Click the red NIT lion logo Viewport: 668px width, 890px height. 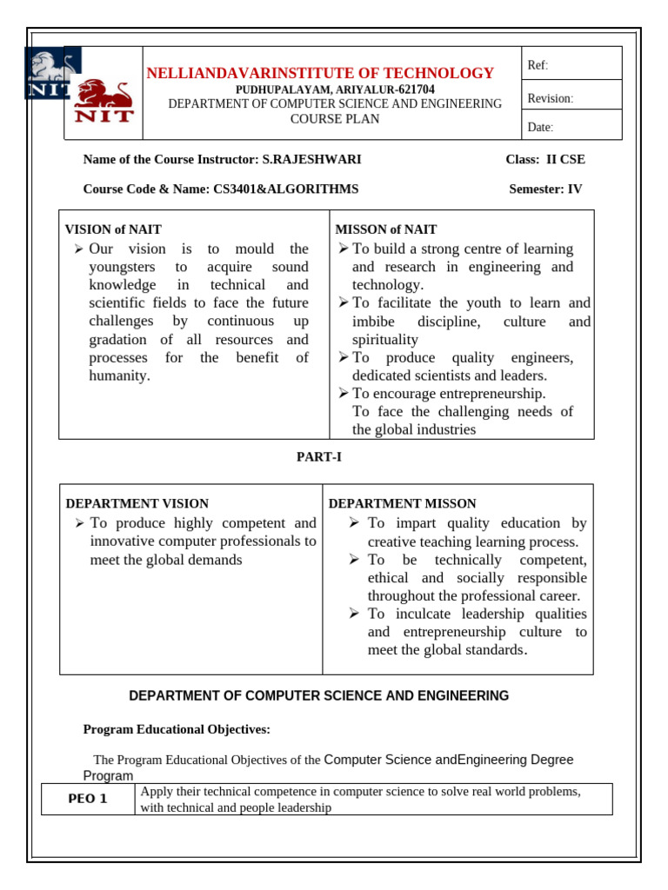coord(104,102)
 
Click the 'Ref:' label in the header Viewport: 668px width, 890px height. coord(538,66)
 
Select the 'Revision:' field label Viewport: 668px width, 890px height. coord(551,98)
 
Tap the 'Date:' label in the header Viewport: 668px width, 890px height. coord(540,128)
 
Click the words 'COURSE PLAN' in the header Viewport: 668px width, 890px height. coord(335,119)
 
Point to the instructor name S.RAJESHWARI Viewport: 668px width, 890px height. coord(311,159)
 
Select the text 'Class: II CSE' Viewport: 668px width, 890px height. coord(544,159)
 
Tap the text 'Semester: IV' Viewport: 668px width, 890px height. coord(545,189)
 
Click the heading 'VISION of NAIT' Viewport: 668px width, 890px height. coord(113,229)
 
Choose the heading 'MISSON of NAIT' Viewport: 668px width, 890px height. coord(386,229)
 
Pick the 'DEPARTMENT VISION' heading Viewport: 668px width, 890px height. coord(137,503)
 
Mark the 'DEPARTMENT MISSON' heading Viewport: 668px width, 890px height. coord(402,503)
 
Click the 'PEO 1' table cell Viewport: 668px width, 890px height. coord(88,800)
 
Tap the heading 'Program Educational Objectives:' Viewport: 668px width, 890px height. coord(177,729)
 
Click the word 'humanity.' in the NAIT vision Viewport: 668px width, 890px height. coord(120,375)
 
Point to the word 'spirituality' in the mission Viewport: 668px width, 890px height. coord(385,339)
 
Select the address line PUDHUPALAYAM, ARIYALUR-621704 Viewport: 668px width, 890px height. coord(336,90)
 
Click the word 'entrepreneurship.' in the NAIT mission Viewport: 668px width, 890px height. coord(491,393)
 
